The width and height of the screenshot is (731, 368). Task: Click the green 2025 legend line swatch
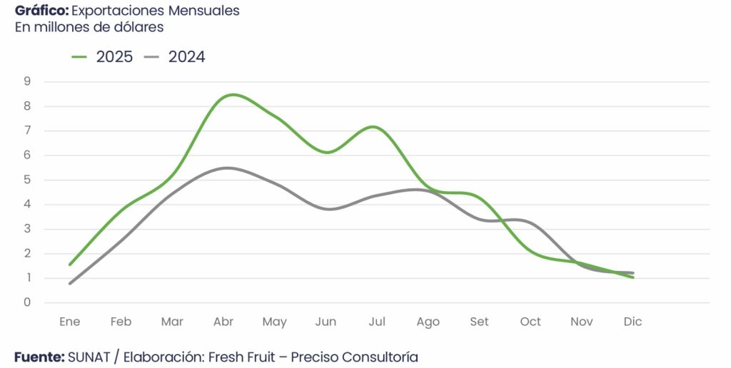79,57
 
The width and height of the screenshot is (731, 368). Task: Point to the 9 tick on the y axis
27,81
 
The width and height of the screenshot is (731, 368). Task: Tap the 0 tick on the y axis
27,302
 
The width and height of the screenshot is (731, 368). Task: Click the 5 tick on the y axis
27,180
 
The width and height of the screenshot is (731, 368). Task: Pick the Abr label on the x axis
223,322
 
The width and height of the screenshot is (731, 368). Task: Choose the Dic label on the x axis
632,322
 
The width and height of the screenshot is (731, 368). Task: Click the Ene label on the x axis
69,322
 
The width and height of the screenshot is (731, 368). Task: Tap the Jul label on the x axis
377,322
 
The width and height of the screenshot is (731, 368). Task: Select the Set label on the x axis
479,322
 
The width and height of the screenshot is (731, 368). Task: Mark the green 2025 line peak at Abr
233,94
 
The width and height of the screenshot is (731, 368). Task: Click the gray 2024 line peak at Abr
226,168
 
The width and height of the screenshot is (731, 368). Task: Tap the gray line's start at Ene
70,283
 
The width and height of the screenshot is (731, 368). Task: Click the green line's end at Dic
632,277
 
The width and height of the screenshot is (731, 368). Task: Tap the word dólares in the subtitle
140,27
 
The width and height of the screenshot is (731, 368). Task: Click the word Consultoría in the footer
380,357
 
